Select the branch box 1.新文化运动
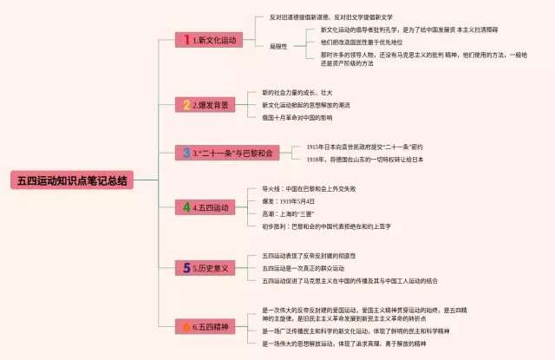pos(208,40)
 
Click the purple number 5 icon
pos(186,268)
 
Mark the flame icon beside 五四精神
pos(186,326)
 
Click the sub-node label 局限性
pos(277,46)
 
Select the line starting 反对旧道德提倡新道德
pos(320,16)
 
